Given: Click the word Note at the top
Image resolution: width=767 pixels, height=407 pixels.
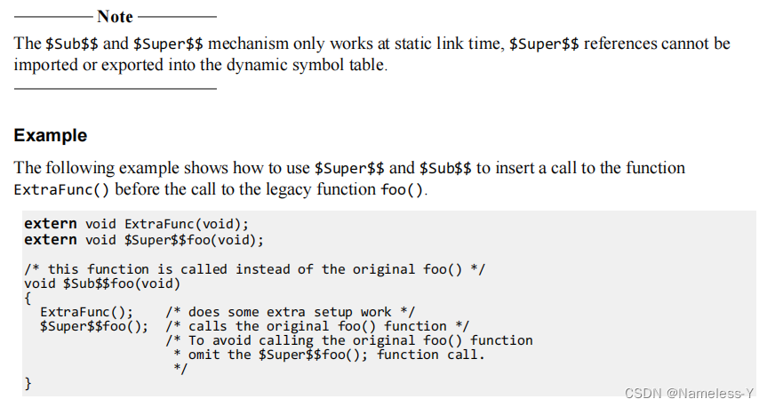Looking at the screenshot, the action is click(115, 17).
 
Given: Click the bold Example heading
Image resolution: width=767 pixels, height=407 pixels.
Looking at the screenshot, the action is click(51, 136).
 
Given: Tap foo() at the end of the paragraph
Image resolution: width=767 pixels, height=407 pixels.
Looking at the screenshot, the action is click(403, 189).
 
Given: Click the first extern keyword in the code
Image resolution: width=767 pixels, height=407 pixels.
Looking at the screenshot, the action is click(51, 223).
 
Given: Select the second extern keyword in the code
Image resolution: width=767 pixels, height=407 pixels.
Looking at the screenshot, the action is click(51, 240).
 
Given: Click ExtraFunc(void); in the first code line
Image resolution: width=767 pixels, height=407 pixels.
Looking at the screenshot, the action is click(187, 223).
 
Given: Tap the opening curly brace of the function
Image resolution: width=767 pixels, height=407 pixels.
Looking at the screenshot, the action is click(28, 298).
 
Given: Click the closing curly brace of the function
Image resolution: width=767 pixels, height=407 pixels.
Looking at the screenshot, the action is click(28, 383).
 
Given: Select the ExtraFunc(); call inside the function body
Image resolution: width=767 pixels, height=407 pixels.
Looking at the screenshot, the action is click(87, 312).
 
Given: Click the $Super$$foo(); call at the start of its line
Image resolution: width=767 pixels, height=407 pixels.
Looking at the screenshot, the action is click(94, 326).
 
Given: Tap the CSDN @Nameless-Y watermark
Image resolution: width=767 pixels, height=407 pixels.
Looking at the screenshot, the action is click(690, 392).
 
